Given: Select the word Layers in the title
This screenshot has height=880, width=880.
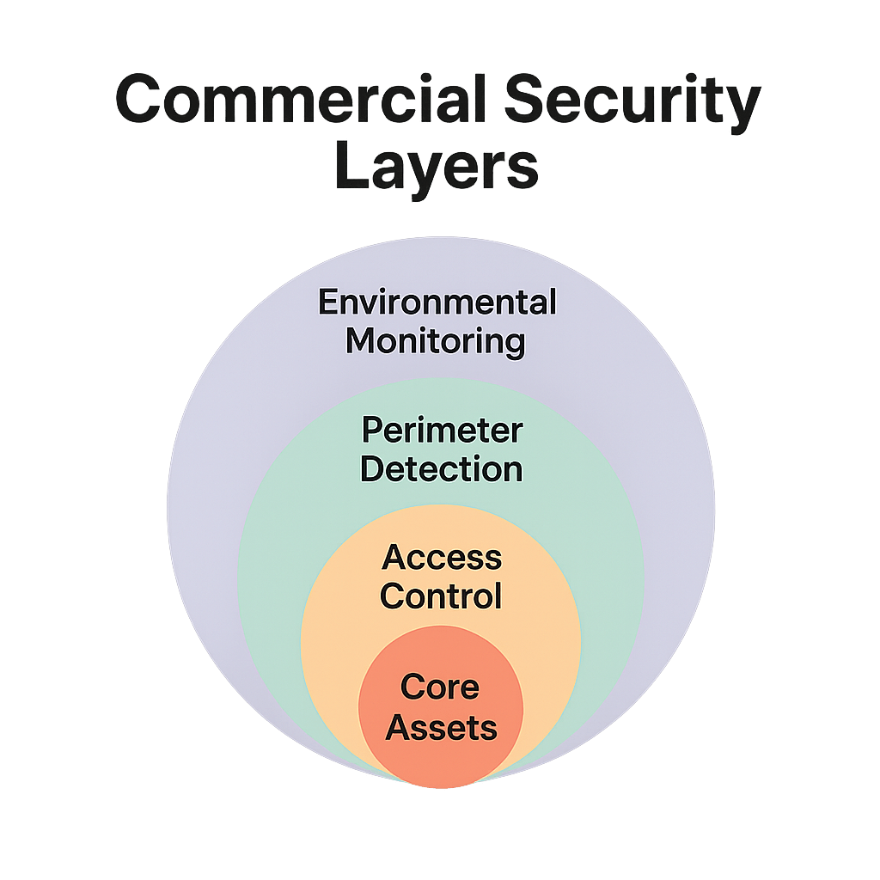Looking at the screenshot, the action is (x=437, y=168).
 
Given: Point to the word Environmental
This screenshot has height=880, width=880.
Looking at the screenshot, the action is (x=437, y=302).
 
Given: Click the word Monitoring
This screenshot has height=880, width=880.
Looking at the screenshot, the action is (x=435, y=342).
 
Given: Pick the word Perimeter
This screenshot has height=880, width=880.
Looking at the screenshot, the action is (x=442, y=430).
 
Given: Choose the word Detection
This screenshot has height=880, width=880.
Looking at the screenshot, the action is (x=441, y=469).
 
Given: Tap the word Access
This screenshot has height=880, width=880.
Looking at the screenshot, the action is (x=442, y=557).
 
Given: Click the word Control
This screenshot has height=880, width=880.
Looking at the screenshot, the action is (x=441, y=596).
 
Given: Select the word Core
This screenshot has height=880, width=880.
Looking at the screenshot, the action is (x=440, y=687).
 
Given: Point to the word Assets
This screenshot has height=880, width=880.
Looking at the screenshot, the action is (x=441, y=728).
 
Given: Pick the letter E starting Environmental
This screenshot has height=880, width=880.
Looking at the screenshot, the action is (x=327, y=302).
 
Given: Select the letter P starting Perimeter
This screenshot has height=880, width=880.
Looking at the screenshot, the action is (x=370, y=430).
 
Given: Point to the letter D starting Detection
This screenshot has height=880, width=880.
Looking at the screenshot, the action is (x=371, y=469).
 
